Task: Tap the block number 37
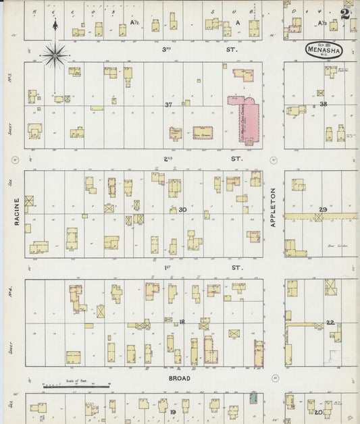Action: (x=169, y=105)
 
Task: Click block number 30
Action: (x=182, y=210)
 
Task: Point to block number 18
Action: (x=182, y=322)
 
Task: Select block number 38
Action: (x=323, y=104)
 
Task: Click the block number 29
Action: (x=323, y=210)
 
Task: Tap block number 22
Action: (x=330, y=322)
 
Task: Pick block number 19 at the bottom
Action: (x=173, y=411)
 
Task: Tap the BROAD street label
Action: (x=179, y=378)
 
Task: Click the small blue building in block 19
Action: (x=254, y=398)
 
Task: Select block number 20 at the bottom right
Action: (x=318, y=411)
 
